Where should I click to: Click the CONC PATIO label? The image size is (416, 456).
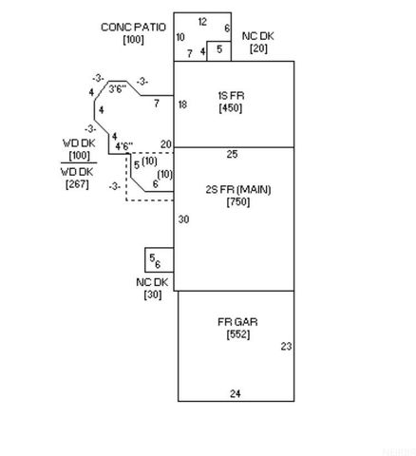133,28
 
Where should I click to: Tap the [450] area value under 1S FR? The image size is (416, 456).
231,107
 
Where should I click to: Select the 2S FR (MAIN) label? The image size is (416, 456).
238,190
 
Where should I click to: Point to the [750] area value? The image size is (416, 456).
238,201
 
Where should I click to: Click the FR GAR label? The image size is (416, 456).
237,322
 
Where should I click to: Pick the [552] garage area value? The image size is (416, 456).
238,334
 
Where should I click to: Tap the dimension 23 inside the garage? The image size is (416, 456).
286,347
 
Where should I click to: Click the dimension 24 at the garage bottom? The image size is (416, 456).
236,393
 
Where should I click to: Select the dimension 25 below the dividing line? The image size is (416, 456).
232,154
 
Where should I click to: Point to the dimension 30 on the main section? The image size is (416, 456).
183,219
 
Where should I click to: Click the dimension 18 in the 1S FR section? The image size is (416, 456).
182,104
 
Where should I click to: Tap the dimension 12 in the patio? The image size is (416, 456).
202,22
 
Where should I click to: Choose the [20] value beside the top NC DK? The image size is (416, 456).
258,48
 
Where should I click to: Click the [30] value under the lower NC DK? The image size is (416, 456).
153,294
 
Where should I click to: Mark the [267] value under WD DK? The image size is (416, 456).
77,184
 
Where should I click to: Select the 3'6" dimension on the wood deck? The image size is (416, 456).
118,89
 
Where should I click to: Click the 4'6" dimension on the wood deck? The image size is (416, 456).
123,146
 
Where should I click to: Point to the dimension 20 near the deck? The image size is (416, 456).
166,144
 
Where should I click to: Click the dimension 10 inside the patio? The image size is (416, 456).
180,37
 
